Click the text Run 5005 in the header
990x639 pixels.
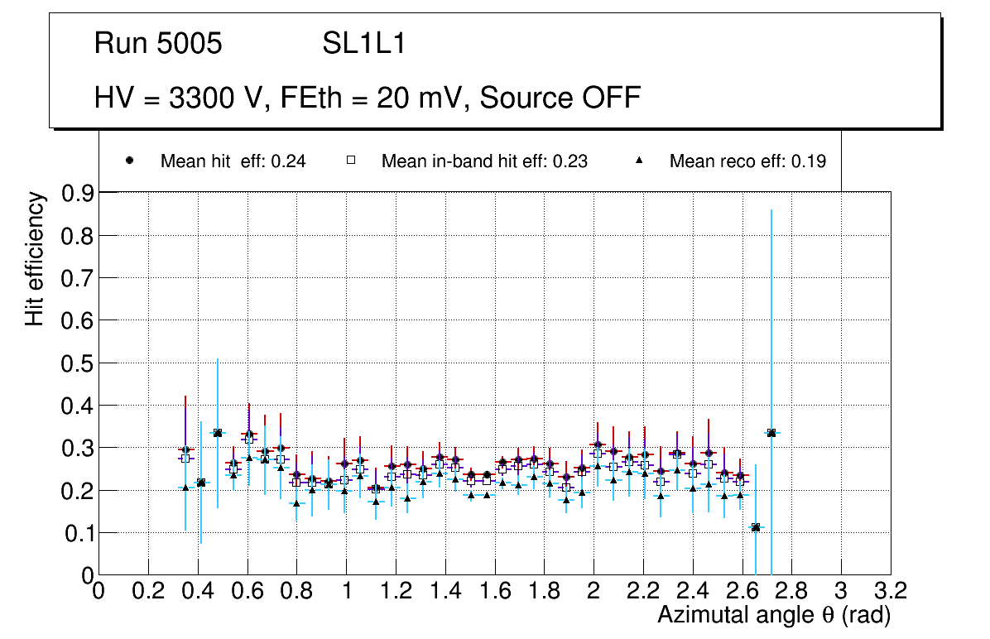158,44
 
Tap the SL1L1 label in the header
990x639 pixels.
363,44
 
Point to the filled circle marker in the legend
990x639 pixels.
130,161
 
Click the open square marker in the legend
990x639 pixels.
350,161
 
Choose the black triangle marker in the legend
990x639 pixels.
639,161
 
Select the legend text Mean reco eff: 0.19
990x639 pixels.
747,161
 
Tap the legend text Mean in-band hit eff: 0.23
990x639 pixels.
484,161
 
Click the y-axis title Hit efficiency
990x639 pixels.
35,258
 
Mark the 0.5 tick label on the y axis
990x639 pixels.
76,363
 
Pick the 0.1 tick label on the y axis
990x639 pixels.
76,533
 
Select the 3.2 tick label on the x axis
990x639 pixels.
890,591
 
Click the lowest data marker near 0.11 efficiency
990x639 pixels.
755,527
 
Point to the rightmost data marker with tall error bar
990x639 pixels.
771,433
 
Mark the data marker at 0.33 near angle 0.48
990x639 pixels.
218,433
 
